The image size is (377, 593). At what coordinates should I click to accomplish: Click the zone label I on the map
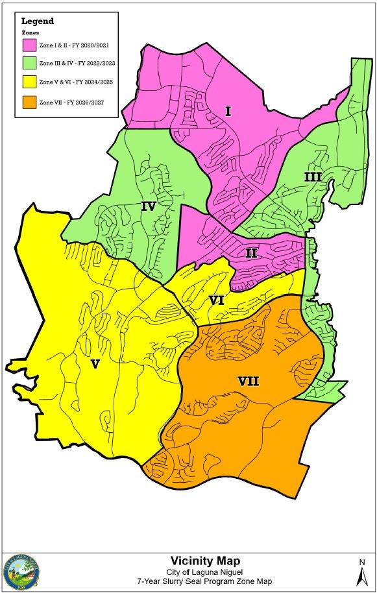[x=228, y=112]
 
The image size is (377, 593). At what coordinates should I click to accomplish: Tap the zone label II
[x=252, y=253]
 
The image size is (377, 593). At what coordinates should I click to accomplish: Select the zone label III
[x=313, y=176]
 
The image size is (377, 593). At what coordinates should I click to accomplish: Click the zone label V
[x=95, y=364]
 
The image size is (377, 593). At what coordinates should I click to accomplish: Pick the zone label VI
[x=217, y=300]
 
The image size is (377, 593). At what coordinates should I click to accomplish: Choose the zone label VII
[x=248, y=381]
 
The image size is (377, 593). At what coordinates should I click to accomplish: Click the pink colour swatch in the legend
[x=30, y=45]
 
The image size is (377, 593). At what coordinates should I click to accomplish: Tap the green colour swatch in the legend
[x=30, y=64]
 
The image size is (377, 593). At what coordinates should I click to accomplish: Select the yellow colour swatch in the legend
[x=30, y=82]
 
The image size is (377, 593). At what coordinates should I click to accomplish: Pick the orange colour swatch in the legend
[x=30, y=102]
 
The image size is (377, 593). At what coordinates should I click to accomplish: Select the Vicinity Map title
[x=201, y=560]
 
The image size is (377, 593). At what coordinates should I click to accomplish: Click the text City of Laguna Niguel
[x=201, y=570]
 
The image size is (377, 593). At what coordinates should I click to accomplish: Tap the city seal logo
[x=21, y=571]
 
